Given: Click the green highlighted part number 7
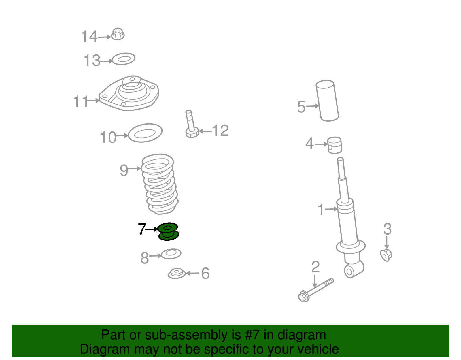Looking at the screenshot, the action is (x=169, y=231).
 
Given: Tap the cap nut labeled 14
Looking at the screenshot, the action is (x=118, y=34).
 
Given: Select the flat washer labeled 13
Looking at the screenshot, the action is (x=124, y=59).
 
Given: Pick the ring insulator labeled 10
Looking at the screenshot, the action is (x=145, y=133).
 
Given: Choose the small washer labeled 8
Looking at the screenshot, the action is (x=171, y=254).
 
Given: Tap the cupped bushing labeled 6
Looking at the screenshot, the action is (x=177, y=273).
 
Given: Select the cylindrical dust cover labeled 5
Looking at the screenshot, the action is (x=327, y=101).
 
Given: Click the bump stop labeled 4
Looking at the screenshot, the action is (x=335, y=145).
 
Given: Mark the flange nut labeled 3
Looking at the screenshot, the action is (x=386, y=255).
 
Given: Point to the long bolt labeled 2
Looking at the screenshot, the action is (x=316, y=290).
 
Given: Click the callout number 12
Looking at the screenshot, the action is (x=220, y=130).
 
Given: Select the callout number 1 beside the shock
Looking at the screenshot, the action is (x=321, y=210).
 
